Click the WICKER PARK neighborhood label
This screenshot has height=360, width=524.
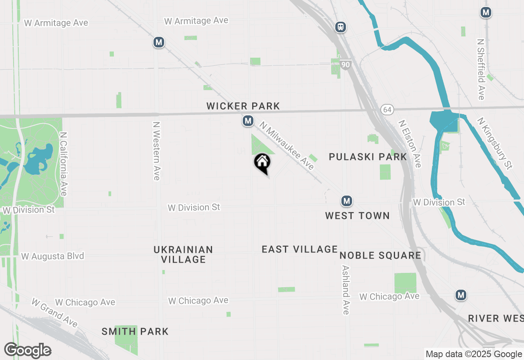tap(243, 106)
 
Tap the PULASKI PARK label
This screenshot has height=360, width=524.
tap(368, 157)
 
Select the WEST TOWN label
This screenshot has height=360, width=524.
tap(357, 216)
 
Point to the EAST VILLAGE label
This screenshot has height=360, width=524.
tap(300, 249)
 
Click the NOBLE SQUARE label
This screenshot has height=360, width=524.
tap(380, 256)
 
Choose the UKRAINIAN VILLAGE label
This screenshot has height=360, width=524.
tap(183, 254)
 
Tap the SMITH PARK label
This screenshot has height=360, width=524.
tap(135, 331)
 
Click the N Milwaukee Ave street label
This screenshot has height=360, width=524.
tap(287, 147)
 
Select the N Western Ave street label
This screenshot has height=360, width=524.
tap(156, 151)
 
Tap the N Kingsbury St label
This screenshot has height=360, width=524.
tap(495, 143)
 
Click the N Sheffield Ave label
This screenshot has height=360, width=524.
tap(481, 69)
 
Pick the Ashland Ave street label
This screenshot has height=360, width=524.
tap(346, 290)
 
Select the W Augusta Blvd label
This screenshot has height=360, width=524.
tap(52, 256)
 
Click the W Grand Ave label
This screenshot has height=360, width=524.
tap(54, 313)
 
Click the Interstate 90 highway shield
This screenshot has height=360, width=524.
tap(346, 65)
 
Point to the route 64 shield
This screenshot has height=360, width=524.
tap(387, 110)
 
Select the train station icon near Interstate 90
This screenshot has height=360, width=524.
tap(340, 27)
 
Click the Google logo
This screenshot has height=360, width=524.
tap(27, 351)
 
